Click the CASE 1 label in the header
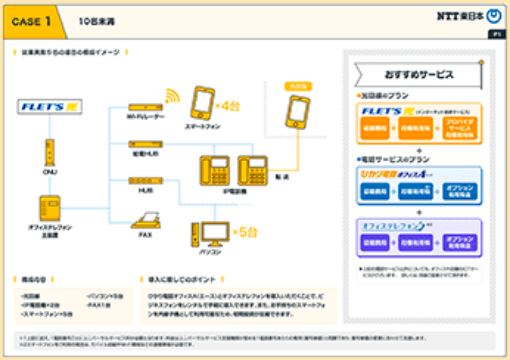tap(37, 19)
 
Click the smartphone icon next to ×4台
tap(201, 103)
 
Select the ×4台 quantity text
tap(229, 104)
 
